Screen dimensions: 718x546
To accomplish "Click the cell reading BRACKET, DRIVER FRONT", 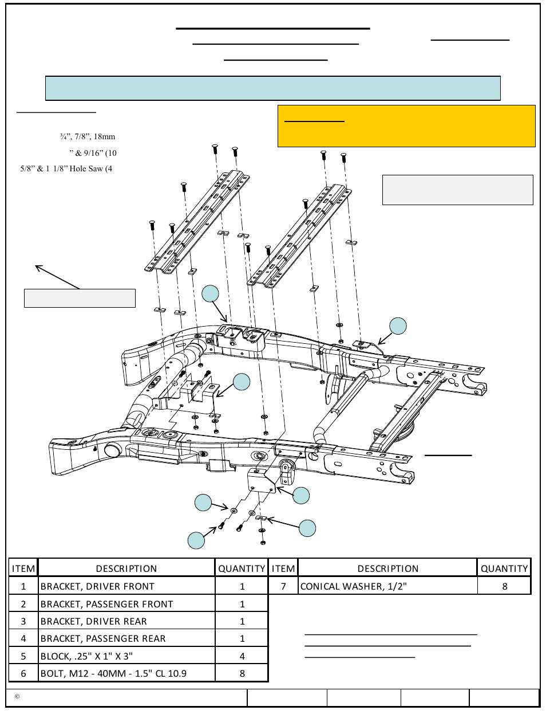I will click(x=97, y=586).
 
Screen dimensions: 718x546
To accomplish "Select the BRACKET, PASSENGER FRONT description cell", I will click(x=106, y=604).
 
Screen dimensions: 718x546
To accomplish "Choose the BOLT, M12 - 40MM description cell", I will click(x=113, y=673).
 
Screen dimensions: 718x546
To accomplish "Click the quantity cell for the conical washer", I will click(x=504, y=586).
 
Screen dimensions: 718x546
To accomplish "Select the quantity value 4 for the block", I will click(x=242, y=656).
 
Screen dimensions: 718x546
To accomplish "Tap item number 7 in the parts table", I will click(x=283, y=586).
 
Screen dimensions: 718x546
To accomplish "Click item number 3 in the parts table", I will click(x=23, y=621).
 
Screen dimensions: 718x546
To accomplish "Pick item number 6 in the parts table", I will click(x=23, y=673).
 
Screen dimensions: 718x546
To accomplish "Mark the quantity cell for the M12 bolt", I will click(x=242, y=673).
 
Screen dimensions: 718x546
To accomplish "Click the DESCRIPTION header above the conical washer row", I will click(x=387, y=568).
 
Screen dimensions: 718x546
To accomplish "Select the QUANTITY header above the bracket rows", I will click(x=242, y=568).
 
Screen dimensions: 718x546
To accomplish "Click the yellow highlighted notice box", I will click(x=406, y=126).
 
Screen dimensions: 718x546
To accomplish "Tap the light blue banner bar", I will click(x=273, y=88).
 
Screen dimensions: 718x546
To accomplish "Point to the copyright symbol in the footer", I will click(x=17, y=697).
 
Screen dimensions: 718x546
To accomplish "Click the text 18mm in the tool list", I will click(x=105, y=137).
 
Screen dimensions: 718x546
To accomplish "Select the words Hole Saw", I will click(x=86, y=168).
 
